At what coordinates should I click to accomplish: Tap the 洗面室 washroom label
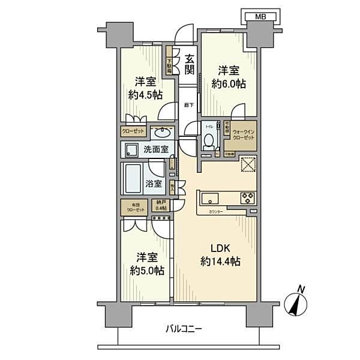154,149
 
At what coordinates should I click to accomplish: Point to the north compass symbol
295,301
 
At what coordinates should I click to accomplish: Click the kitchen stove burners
248,197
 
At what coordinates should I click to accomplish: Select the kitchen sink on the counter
211,198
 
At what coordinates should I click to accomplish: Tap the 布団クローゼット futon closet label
134,208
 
